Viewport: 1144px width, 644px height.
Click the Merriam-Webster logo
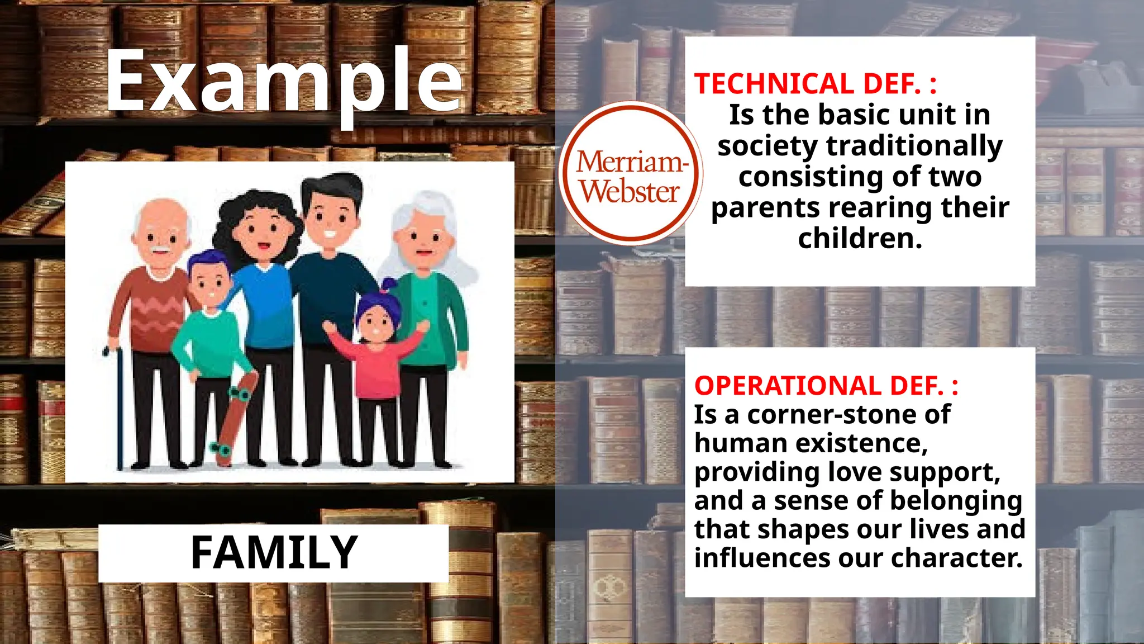click(631, 173)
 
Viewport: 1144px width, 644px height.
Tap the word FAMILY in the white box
click(274, 552)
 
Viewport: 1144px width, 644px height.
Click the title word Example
click(284, 81)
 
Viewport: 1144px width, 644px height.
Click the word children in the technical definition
click(859, 239)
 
